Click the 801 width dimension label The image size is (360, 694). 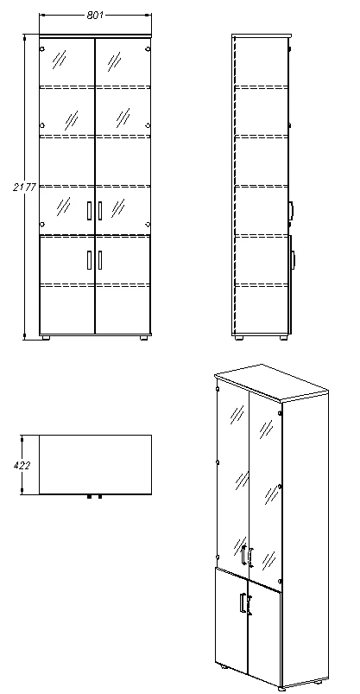(95, 15)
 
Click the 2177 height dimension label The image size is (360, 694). (24, 188)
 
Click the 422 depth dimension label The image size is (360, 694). (22, 465)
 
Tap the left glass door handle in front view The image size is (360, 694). (90, 211)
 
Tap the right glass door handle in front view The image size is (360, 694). (100, 211)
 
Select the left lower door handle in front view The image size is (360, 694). (90, 260)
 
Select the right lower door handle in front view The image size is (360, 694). (100, 260)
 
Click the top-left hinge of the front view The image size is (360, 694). (42, 49)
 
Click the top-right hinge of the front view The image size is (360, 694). (148, 49)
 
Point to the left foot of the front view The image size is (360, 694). (45, 338)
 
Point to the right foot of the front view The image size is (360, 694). (144, 338)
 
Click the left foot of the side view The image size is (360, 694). (239, 338)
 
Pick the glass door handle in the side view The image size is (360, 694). (292, 211)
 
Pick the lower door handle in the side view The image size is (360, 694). (293, 260)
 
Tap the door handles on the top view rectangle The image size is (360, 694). (95, 497)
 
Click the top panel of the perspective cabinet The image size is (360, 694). (272, 382)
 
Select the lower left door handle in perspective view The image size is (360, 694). (243, 602)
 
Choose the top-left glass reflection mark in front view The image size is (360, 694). (59, 60)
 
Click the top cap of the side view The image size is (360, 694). (262, 35)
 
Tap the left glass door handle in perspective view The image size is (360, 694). (243, 555)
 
